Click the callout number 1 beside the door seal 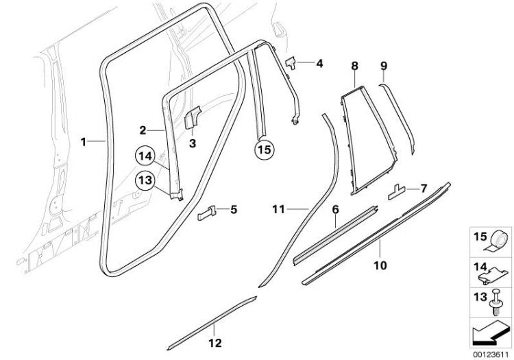[x=84, y=142]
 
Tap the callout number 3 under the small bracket [x=193, y=143]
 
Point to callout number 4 [x=319, y=64]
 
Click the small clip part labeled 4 [x=291, y=62]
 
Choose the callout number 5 [x=234, y=209]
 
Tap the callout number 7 [x=424, y=187]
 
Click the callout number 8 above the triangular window [x=354, y=66]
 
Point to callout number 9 [x=384, y=66]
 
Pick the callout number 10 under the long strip [x=380, y=263]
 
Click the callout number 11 [x=277, y=206]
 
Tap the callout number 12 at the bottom [x=215, y=341]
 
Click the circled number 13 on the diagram [x=145, y=180]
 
